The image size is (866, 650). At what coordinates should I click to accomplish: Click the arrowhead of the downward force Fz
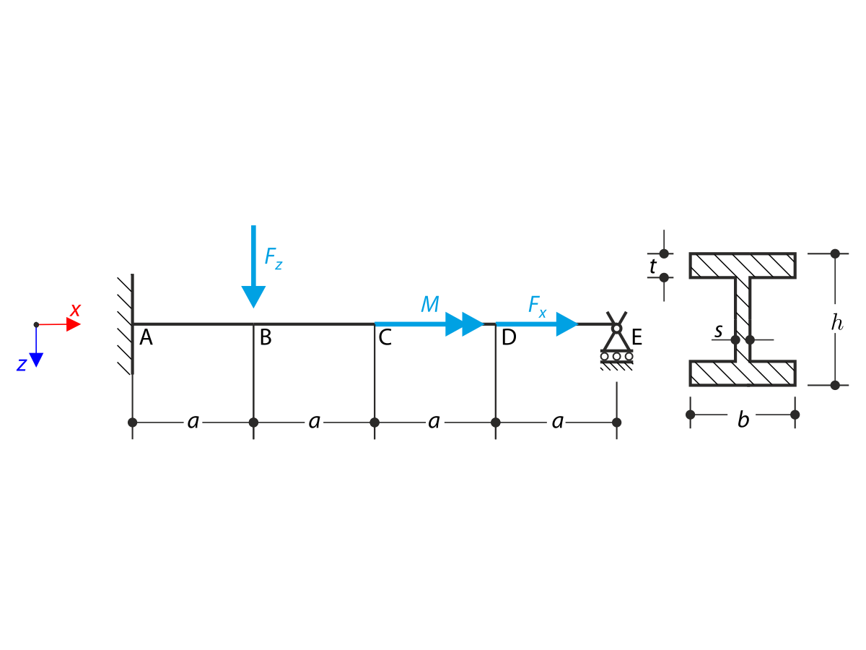click(x=253, y=296)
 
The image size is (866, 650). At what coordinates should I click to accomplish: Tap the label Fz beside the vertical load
click(x=274, y=258)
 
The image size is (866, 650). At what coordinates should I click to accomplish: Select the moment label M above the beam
click(x=430, y=304)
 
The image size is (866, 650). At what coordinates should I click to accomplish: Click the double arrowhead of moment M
click(x=464, y=324)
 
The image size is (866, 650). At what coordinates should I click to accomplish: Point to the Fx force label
click(x=538, y=305)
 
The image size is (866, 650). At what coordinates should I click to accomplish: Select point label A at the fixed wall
click(x=146, y=337)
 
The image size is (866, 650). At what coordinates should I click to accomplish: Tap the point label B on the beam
click(x=266, y=337)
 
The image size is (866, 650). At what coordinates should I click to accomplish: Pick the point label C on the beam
click(x=385, y=337)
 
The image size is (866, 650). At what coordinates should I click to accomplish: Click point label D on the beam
click(x=509, y=337)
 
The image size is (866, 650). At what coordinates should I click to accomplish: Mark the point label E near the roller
click(x=637, y=337)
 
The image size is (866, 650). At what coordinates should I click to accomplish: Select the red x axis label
click(x=75, y=311)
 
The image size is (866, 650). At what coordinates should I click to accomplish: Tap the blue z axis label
click(x=22, y=365)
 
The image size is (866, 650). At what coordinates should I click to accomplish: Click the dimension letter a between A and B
click(x=193, y=422)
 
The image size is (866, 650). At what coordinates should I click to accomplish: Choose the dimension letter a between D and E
click(x=557, y=422)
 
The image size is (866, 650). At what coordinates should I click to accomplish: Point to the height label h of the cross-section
click(x=836, y=323)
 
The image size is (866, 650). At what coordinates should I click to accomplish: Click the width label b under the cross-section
click(x=743, y=420)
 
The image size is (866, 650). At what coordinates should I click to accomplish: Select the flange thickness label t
click(x=652, y=266)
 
